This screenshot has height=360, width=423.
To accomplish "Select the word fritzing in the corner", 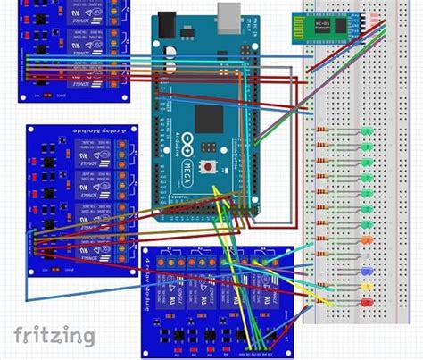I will coord(54,335).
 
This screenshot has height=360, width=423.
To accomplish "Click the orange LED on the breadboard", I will coord(367,240).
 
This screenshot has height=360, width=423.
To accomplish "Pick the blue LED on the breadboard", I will coord(367,271).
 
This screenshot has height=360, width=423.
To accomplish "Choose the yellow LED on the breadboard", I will coord(367,287).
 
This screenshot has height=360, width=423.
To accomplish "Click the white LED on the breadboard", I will coord(367,255).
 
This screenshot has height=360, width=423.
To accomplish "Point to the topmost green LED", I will coord(367,130).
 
